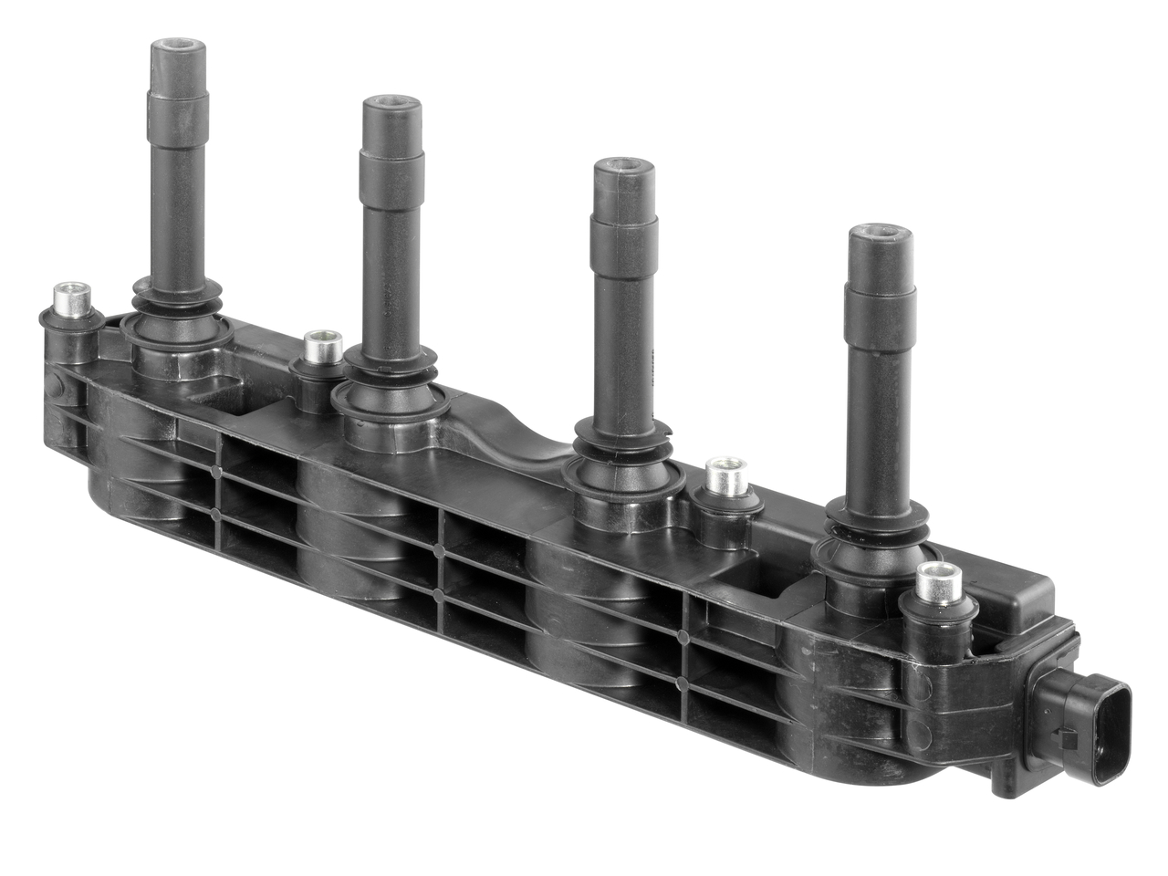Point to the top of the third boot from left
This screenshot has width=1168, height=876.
click(x=622, y=166)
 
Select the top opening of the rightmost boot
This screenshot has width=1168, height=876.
click(x=881, y=233)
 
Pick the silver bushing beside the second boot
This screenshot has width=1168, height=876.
click(x=320, y=345)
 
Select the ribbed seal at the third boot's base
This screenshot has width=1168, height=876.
click(x=622, y=452)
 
